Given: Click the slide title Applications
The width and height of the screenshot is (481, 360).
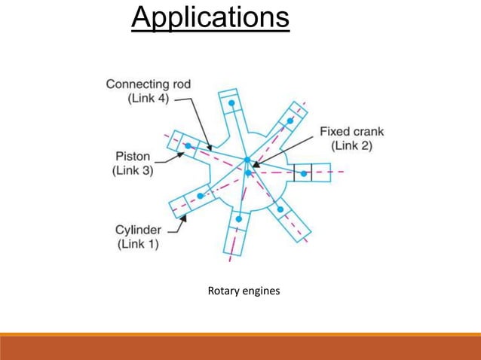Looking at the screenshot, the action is tap(210, 18).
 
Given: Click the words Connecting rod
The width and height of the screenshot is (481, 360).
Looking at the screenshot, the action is tap(148, 84).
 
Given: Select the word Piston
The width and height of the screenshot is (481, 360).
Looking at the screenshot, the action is tap(132, 157).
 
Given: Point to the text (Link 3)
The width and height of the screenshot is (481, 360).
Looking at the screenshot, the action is tap(132, 171).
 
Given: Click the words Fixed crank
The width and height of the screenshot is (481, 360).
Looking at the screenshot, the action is tap(352, 130).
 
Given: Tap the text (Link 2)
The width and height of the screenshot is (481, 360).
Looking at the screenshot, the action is tap(352, 145).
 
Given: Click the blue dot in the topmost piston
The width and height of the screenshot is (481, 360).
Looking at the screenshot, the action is tap(232, 102).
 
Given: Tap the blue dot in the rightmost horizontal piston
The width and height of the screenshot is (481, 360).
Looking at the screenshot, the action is tap(304, 173).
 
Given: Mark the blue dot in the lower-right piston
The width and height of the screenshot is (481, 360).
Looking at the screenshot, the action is tap(280, 209).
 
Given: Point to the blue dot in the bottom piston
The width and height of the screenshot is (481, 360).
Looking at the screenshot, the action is tap(239, 219).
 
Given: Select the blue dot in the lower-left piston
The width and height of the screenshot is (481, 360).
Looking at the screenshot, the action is tap(200, 196).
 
